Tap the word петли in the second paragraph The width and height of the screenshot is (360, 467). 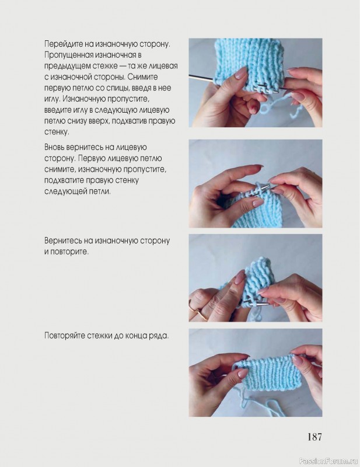tap(99, 191)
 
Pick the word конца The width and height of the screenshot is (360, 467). tap(137, 336)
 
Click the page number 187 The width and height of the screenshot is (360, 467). tap(314, 437)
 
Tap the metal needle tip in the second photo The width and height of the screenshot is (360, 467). tap(267, 187)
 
